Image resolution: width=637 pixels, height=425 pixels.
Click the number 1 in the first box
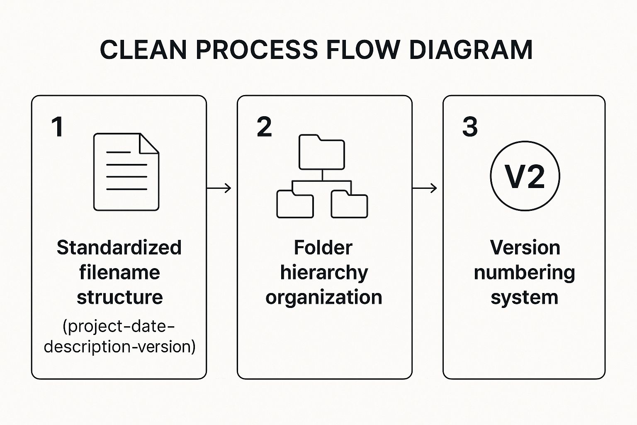tap(58, 127)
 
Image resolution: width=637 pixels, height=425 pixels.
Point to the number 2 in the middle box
tap(264, 127)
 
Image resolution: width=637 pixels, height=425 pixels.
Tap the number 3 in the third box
tap(470, 127)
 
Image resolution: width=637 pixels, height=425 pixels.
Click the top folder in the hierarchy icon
tap(322, 152)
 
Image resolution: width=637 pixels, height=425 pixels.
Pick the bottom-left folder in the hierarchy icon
tap(295, 204)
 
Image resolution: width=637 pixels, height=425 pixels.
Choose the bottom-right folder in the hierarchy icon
tap(349, 204)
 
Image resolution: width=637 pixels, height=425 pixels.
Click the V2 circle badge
tap(525, 176)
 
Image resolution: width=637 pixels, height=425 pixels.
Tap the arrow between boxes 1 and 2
tap(219, 188)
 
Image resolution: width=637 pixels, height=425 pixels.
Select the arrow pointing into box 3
tap(425, 188)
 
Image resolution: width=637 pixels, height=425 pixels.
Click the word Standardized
tap(119, 248)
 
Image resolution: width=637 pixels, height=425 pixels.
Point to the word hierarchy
tap(324, 273)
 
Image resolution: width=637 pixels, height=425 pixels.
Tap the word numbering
tap(524, 273)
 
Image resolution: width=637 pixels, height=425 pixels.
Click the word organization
tap(324, 298)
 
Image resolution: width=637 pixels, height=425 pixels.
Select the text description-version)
tap(119, 346)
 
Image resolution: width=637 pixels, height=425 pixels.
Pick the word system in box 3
tap(524, 298)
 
